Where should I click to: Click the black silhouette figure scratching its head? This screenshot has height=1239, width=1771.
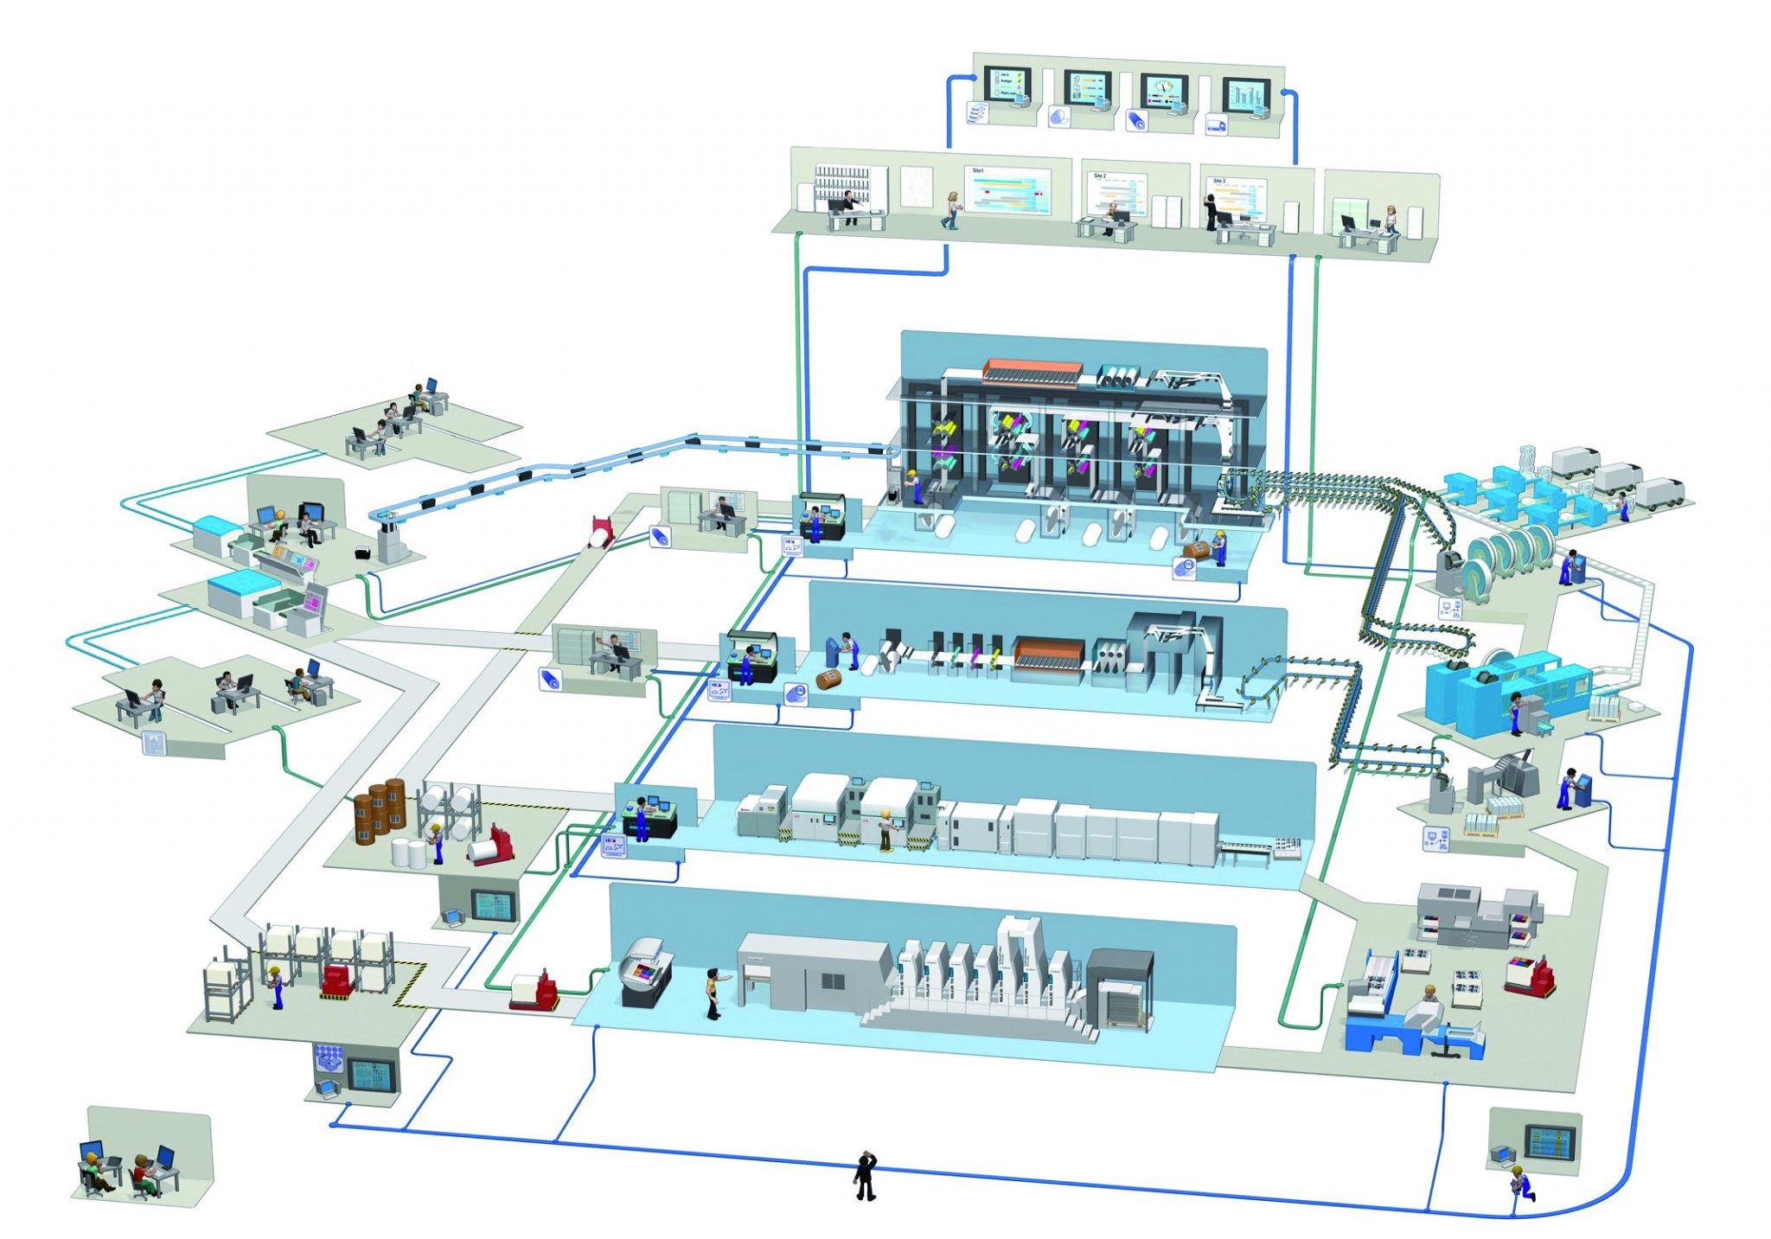(x=865, y=1176)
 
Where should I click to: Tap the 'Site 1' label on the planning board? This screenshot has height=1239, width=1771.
(x=978, y=171)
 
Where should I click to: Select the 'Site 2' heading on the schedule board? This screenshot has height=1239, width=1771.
(x=1100, y=176)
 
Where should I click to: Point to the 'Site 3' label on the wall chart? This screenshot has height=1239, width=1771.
(x=1219, y=182)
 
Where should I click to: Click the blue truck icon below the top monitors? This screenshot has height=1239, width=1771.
(x=1216, y=125)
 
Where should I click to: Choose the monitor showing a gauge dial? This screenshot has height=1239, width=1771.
(x=1164, y=92)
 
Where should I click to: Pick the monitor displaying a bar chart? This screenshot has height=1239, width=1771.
(x=1245, y=94)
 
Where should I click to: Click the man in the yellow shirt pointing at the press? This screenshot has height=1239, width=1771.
(x=713, y=993)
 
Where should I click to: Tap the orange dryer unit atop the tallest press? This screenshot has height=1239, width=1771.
(x=1032, y=371)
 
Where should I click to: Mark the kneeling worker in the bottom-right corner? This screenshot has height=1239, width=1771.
(x=1522, y=1182)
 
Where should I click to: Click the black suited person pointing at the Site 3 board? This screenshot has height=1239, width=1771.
(x=1211, y=211)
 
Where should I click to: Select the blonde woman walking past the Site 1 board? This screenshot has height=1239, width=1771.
(x=952, y=210)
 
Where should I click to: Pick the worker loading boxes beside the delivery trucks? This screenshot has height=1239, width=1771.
(x=1623, y=506)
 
